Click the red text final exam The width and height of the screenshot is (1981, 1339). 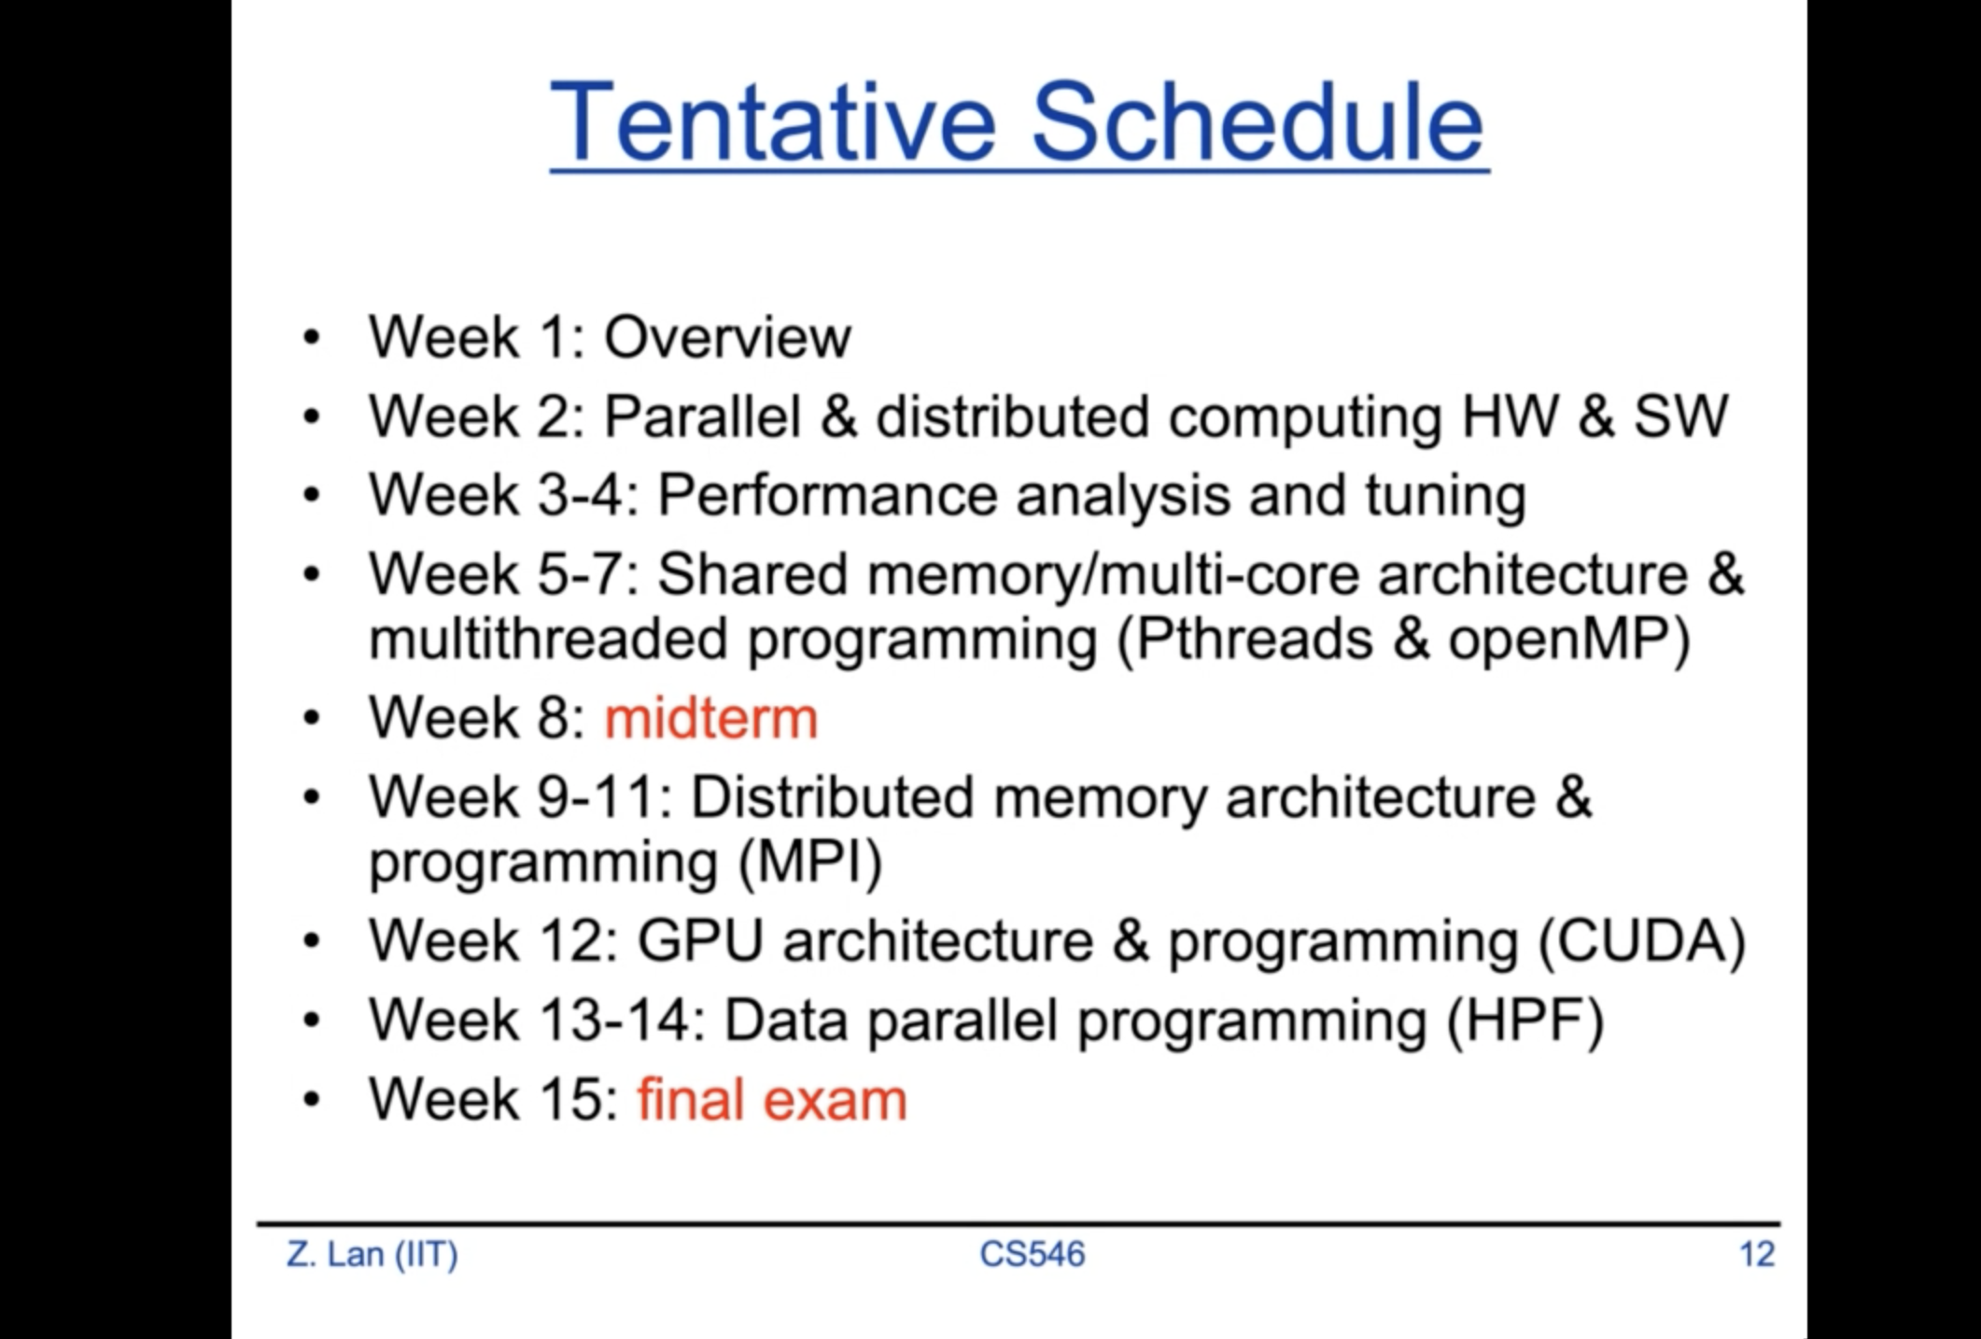772,1098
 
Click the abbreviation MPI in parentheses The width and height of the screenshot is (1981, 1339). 810,861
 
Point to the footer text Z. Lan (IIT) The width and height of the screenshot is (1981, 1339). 372,1254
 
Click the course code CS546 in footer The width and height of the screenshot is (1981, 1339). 1033,1254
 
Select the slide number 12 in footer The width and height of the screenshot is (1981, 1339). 1757,1254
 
